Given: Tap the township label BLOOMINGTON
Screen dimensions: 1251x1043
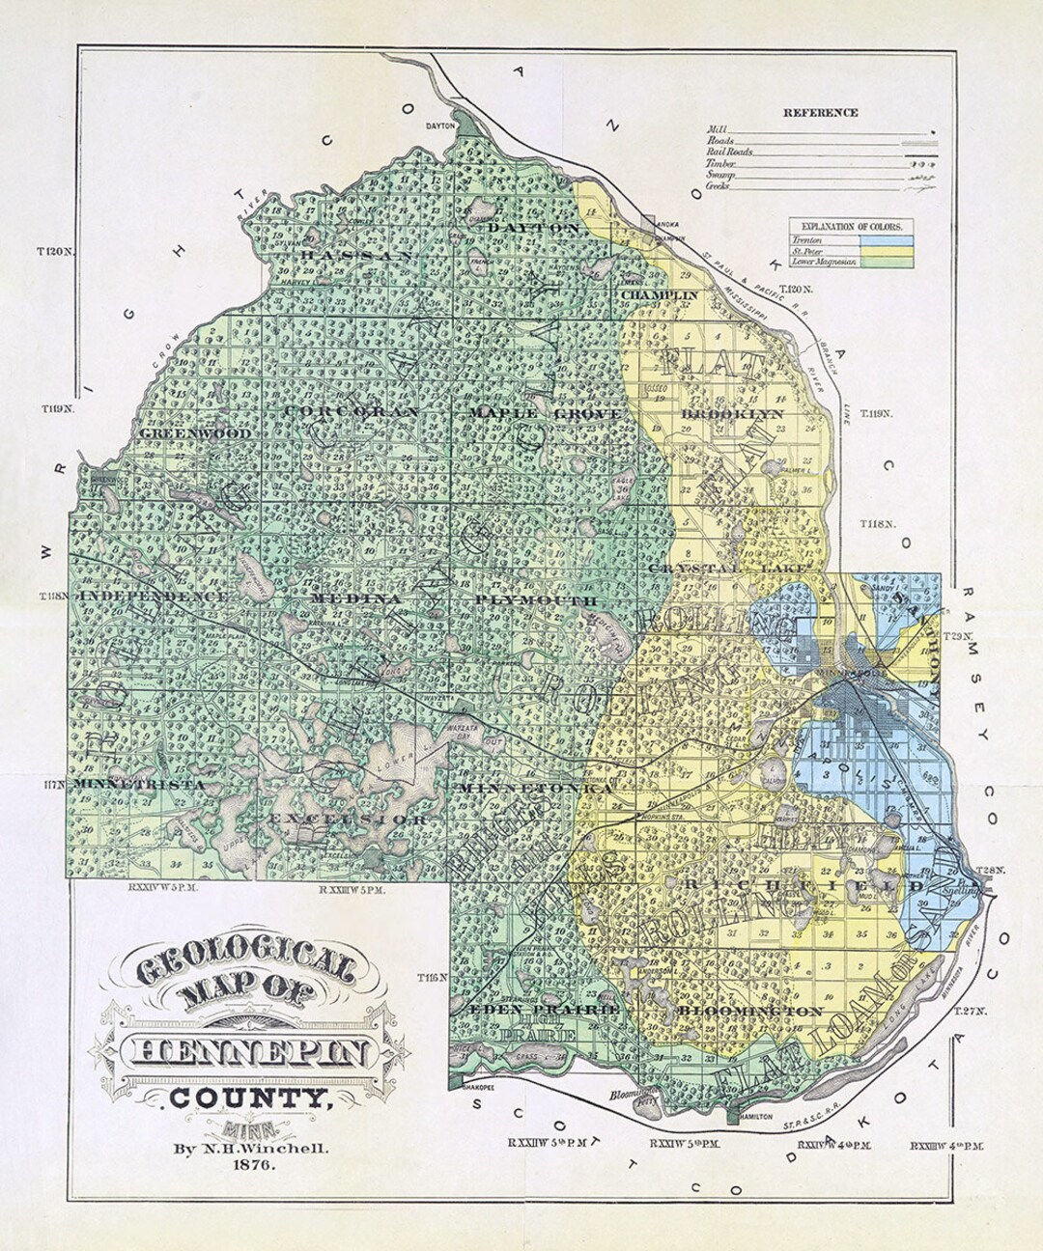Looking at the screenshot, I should click(x=750, y=1011).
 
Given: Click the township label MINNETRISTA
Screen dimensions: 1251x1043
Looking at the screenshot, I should click(x=140, y=785).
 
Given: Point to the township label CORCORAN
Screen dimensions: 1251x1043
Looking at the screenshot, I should click(x=352, y=411).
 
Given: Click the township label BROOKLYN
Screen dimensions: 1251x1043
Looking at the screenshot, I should click(x=732, y=414).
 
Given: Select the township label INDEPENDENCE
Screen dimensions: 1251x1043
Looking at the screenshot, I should click(x=155, y=597).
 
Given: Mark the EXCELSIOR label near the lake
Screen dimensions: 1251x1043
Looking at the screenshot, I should click(x=348, y=819).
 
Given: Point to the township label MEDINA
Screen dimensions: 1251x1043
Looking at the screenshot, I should click(x=342, y=598).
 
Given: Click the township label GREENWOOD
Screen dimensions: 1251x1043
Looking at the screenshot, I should click(x=196, y=434).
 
